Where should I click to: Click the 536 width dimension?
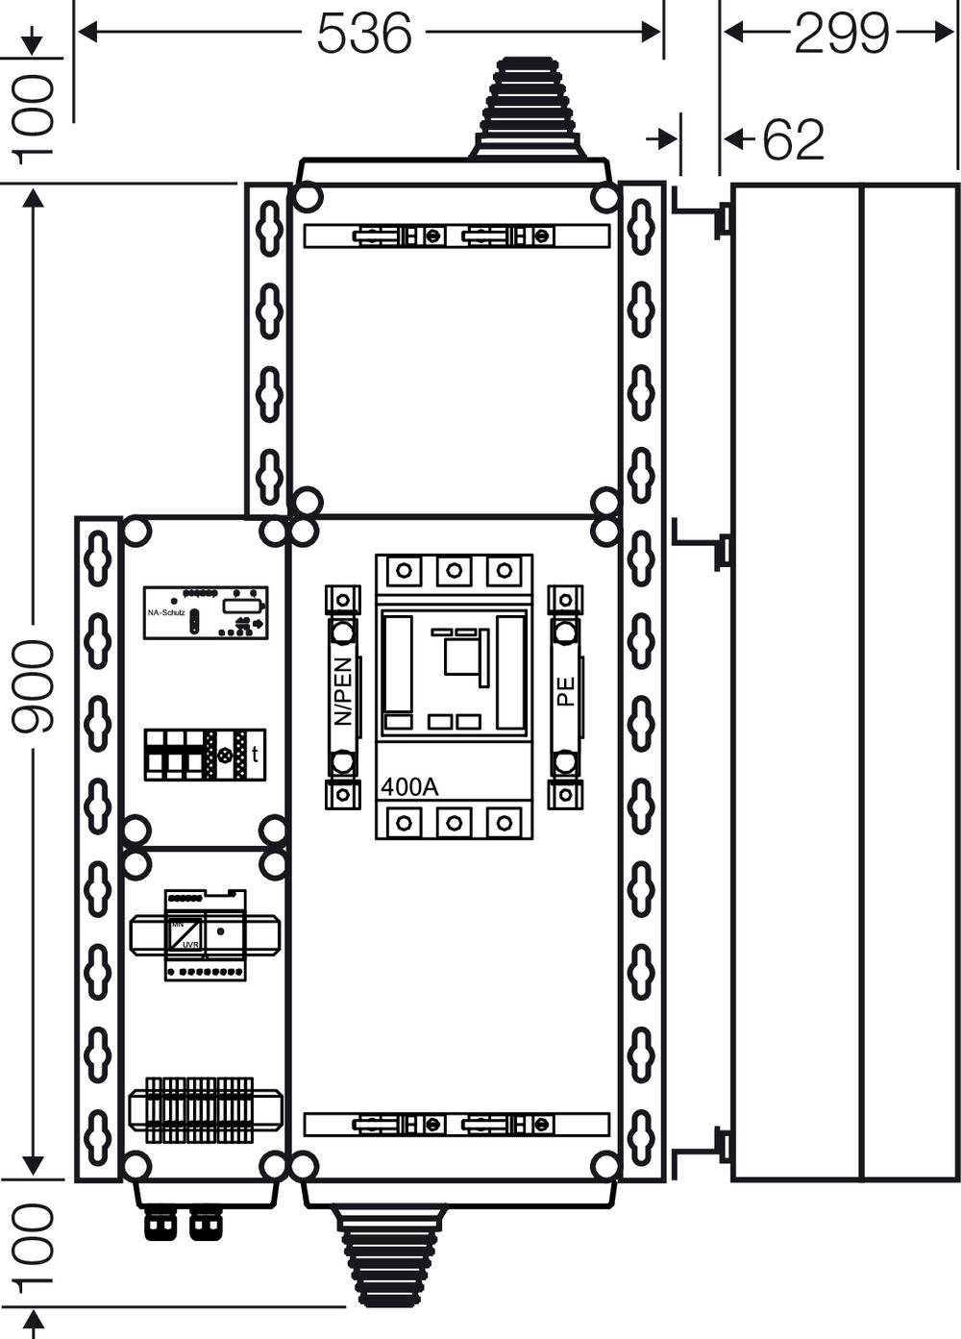pyautogui.click(x=363, y=34)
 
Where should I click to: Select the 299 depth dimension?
pyautogui.click(x=842, y=34)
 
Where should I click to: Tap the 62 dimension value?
pyautogui.click(x=793, y=140)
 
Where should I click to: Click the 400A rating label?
pyautogui.click(x=409, y=786)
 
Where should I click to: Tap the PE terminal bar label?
pyautogui.click(x=565, y=690)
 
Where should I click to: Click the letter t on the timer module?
pyautogui.click(x=255, y=755)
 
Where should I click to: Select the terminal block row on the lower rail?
pyautogui.click(x=205, y=1109)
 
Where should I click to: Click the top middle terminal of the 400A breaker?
pyautogui.click(x=454, y=571)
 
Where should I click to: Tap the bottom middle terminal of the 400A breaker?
pyautogui.click(x=454, y=823)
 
